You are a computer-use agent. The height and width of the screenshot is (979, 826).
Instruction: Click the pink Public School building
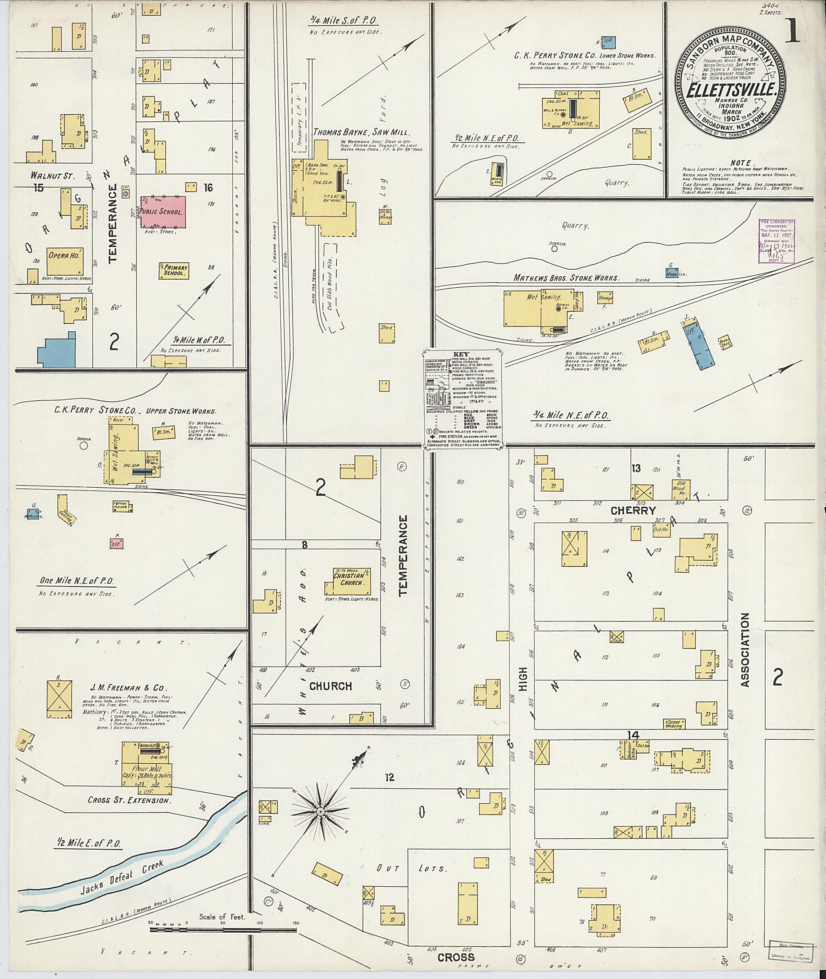162,212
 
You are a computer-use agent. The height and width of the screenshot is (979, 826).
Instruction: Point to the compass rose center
321,811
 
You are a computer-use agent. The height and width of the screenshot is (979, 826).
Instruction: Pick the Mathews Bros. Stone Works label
565,278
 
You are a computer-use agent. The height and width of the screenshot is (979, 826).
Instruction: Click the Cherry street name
633,511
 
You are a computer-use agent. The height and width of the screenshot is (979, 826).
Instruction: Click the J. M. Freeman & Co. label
128,688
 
